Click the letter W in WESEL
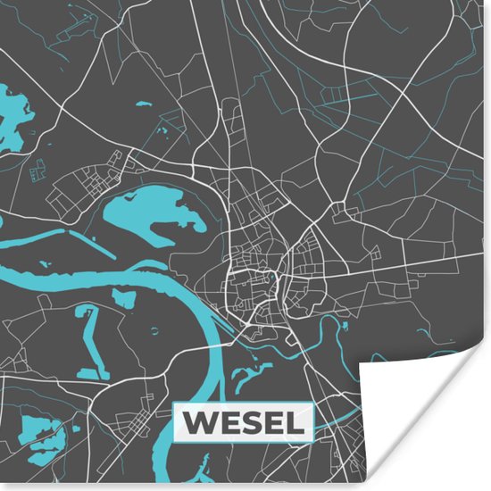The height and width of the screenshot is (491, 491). pos(199,422)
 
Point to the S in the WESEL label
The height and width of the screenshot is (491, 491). pos(245,422)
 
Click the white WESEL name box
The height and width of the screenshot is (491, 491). pos(242,422)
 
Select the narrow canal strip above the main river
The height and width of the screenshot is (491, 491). pos(54,241)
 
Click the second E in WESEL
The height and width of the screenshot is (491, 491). pos(270,422)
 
